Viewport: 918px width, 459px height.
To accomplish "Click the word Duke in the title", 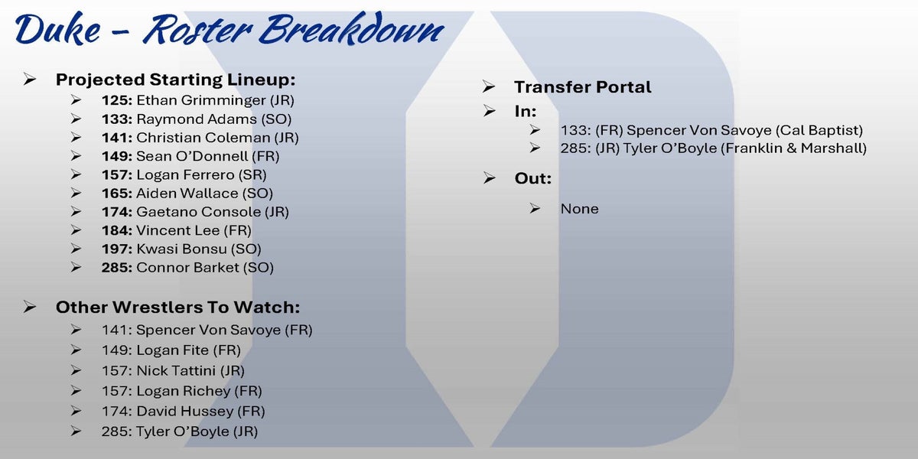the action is click(58, 29).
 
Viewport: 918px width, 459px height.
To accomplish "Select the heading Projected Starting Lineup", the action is click(175, 80).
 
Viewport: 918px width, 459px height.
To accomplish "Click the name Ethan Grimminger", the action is click(200, 100).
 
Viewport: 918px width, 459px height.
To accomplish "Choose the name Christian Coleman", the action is click(203, 138).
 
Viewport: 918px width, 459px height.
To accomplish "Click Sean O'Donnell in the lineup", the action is click(192, 156).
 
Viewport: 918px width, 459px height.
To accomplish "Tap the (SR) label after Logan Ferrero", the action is click(252, 175).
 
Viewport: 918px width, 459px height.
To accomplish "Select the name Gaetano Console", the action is click(198, 212).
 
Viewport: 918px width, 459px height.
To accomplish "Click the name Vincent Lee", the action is click(177, 230).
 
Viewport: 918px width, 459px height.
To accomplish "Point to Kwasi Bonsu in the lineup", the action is click(181, 249).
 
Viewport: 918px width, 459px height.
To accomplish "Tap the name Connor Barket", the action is click(187, 268).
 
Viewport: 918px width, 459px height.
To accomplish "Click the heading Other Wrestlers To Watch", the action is click(177, 308).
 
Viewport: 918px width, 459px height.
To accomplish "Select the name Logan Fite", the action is click(172, 350).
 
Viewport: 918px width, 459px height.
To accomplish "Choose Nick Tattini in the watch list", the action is click(176, 371).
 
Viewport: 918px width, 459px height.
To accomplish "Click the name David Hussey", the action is click(185, 411).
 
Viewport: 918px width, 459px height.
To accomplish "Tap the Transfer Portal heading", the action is click(583, 87).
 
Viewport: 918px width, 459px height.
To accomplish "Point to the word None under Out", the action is click(580, 209).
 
